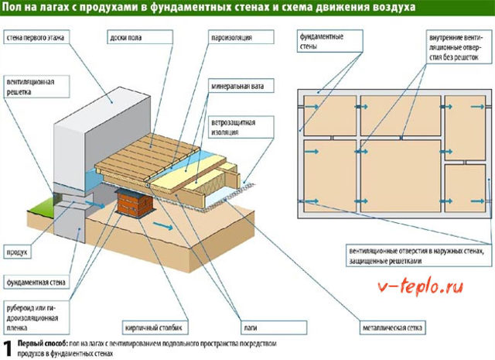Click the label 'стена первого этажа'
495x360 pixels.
pyautogui.click(x=36, y=38)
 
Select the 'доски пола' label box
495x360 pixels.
pyautogui.click(x=140, y=37)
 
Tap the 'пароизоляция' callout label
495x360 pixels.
pyautogui.click(x=241, y=37)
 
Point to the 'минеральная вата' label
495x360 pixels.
pyautogui.click(x=241, y=86)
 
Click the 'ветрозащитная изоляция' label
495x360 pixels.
pyautogui.click(x=241, y=127)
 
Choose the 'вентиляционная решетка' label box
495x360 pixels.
pyautogui.click(x=36, y=87)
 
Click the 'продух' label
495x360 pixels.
pyautogui.click(x=17, y=252)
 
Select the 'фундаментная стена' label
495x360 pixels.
pyautogui.click(x=36, y=283)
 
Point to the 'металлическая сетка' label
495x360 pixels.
pyautogui.click(x=392, y=327)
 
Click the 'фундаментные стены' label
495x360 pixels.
pyautogui.click(x=330, y=41)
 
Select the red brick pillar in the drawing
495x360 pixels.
pyautogui.click(x=134, y=204)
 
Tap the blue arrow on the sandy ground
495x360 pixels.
pyautogui.click(x=163, y=226)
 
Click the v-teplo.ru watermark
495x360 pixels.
pyautogui.click(x=421, y=287)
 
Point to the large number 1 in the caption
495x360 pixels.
pyautogui.click(x=7, y=348)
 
